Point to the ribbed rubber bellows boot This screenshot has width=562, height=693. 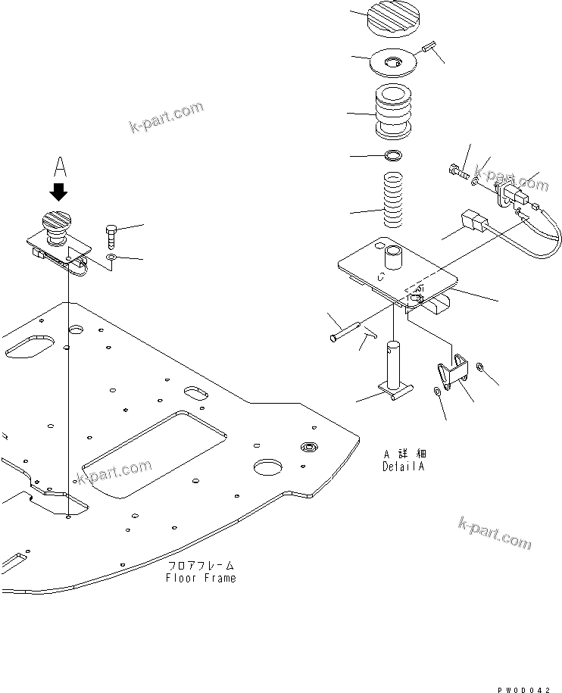click(x=394, y=111)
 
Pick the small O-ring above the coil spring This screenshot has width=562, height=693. click(x=393, y=157)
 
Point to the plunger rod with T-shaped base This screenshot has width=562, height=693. click(x=395, y=371)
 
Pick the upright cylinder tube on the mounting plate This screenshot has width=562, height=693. click(x=394, y=260)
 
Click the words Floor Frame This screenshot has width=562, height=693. click(x=201, y=578)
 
